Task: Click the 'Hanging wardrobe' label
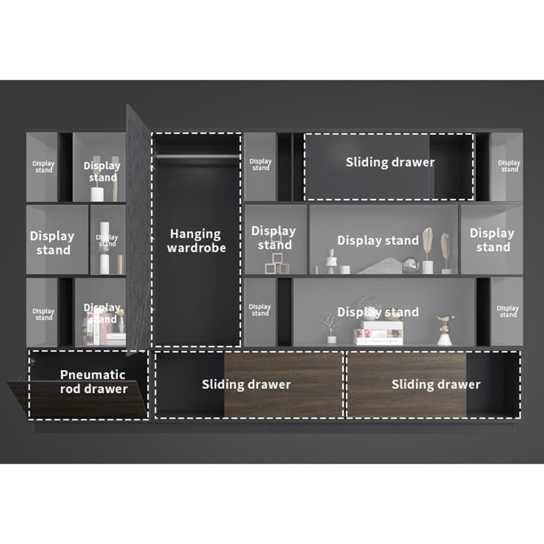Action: tap(196, 241)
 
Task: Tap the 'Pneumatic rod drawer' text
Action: tap(93, 382)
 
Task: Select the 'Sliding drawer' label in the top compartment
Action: tap(390, 162)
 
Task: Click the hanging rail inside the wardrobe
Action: tap(196, 157)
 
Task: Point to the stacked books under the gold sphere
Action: tap(379, 333)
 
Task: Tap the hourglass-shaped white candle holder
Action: tap(330, 262)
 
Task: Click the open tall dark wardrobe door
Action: tap(138, 228)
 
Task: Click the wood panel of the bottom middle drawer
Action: tap(283, 385)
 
